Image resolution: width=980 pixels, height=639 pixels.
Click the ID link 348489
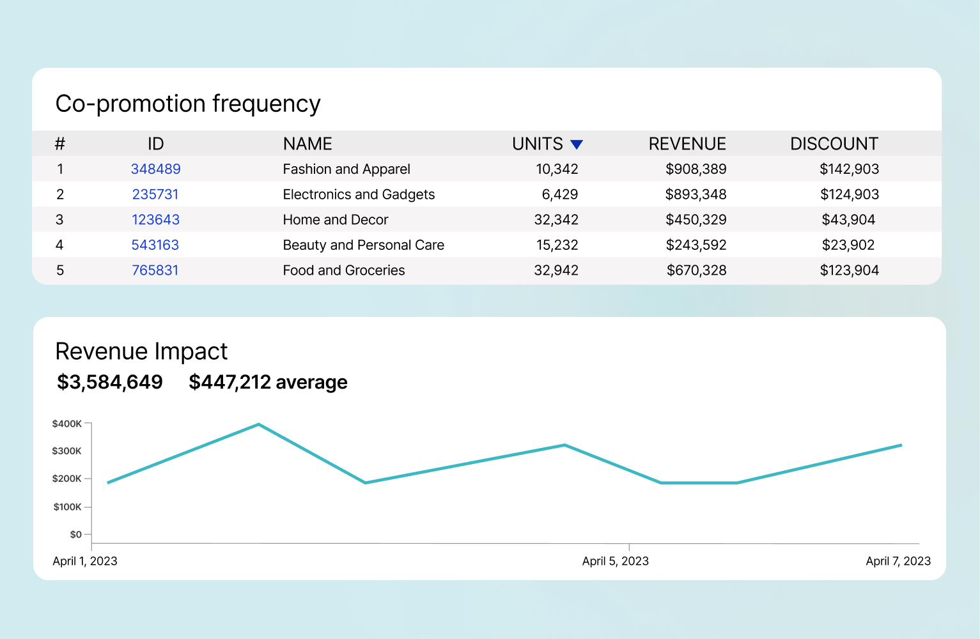click(x=155, y=169)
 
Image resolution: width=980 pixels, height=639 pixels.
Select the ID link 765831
click(x=155, y=270)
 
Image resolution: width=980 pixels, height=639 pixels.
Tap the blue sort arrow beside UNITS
click(x=577, y=144)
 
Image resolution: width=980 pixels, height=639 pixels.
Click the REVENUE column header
click(x=687, y=144)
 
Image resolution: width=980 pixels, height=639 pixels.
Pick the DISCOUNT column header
click(x=834, y=144)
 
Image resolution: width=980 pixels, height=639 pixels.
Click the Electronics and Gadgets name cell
click(x=359, y=194)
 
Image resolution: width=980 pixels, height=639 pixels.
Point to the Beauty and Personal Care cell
click(x=363, y=245)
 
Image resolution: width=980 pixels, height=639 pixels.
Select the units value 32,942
click(x=556, y=270)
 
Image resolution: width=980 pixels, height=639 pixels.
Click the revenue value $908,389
click(x=696, y=169)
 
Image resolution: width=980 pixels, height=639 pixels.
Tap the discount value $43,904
click(x=848, y=220)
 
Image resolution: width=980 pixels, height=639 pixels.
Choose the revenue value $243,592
click(x=696, y=245)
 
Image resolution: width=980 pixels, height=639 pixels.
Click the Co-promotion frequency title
click(x=188, y=104)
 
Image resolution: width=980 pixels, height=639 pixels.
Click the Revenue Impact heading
click(x=141, y=351)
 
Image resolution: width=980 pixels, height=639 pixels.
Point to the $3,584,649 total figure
click(x=110, y=382)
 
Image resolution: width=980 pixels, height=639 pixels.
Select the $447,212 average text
click(x=268, y=382)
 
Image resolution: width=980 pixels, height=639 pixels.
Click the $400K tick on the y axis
click(x=67, y=424)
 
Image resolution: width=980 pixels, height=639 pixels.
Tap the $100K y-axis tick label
click(x=67, y=507)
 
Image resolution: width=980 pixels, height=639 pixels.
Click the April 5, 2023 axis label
click(x=615, y=561)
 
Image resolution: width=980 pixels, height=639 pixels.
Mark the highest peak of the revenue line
click(x=258, y=424)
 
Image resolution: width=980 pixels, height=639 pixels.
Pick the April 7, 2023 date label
click(x=898, y=561)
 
